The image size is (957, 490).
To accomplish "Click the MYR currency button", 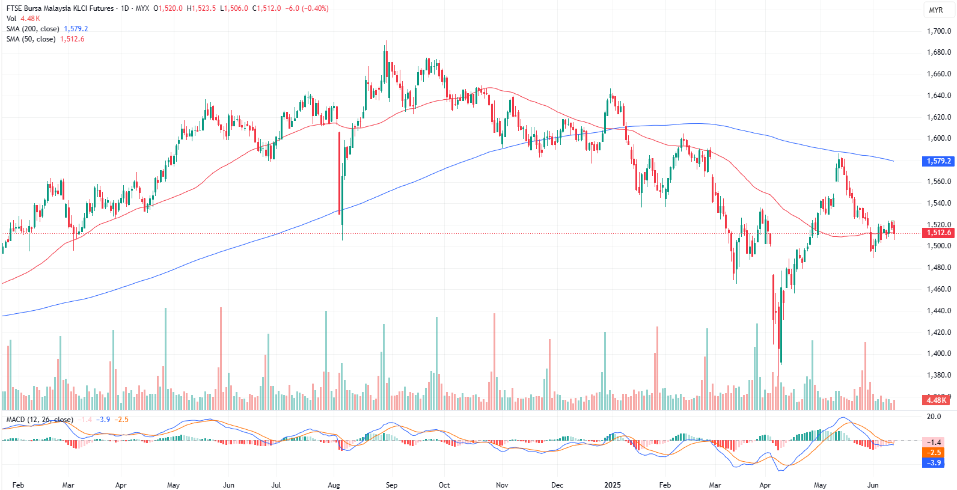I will pyautogui.click(x=936, y=10).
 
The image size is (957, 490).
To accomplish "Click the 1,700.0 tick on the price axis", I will pyautogui.click(x=938, y=31).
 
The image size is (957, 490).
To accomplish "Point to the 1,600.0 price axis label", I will pyautogui.click(x=938, y=138).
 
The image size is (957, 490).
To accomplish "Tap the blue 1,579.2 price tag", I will pyautogui.click(x=938, y=161).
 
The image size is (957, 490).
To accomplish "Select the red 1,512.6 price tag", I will pyautogui.click(x=938, y=233).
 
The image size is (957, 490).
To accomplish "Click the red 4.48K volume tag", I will pyautogui.click(x=936, y=400).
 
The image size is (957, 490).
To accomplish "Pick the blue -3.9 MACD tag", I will pyautogui.click(x=934, y=462).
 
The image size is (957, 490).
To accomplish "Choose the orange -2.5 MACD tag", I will pyautogui.click(x=934, y=452).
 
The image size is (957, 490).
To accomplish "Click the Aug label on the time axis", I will pyautogui.click(x=334, y=485).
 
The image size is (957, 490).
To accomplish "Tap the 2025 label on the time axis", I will pyautogui.click(x=613, y=485).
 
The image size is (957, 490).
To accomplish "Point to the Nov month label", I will pyautogui.click(x=502, y=485).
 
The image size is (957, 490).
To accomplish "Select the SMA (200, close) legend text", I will pyautogui.click(x=33, y=29).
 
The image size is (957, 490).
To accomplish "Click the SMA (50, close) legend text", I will pyautogui.click(x=31, y=39).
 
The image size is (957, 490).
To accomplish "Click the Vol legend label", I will pyautogui.click(x=11, y=19).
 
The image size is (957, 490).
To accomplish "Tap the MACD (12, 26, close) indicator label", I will pyautogui.click(x=40, y=420).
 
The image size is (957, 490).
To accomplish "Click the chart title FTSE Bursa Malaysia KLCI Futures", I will pyautogui.click(x=60, y=8).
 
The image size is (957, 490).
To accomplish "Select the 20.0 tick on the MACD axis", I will pyautogui.click(x=934, y=416).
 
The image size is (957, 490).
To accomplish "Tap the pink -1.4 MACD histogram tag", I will pyautogui.click(x=934, y=442).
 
